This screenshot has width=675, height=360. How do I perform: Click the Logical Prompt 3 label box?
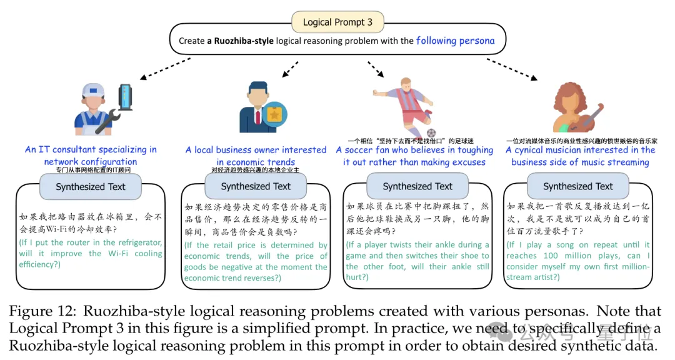[337, 22]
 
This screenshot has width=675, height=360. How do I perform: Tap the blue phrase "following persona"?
[455, 41]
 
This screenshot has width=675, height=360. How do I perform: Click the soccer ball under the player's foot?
[431, 132]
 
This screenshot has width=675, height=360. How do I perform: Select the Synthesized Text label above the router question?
[91, 186]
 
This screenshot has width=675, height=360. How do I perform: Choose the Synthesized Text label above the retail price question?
[256, 186]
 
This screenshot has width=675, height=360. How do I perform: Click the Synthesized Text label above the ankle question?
[417, 186]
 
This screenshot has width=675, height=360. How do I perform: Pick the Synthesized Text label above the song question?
[578, 186]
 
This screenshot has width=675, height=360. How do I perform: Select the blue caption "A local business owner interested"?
[256, 150]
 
